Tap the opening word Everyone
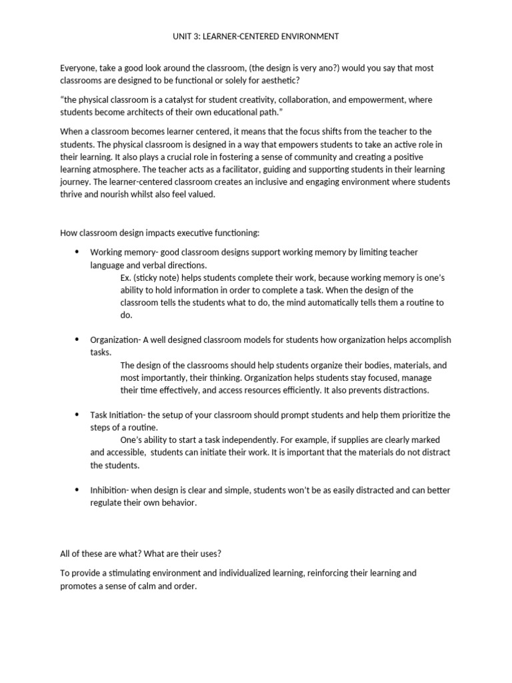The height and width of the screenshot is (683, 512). click(78, 68)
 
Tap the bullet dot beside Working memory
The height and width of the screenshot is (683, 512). click(76, 251)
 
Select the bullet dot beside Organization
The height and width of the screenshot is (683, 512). click(76, 339)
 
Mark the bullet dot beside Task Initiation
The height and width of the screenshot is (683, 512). click(76, 415)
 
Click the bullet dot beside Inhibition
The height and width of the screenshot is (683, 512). click(76, 490)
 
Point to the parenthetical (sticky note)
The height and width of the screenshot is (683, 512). click(159, 277)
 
